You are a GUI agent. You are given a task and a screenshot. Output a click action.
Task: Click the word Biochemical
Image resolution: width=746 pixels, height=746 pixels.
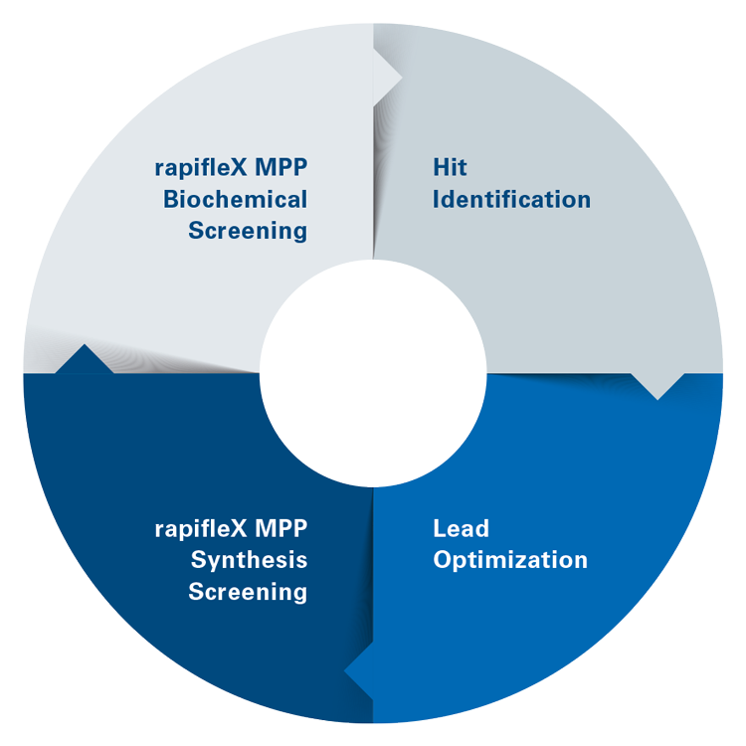tap(235, 199)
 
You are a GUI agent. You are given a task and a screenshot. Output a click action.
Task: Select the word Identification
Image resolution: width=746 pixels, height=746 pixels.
tap(511, 199)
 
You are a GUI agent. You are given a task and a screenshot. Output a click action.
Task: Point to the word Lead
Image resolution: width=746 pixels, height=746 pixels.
tap(461, 527)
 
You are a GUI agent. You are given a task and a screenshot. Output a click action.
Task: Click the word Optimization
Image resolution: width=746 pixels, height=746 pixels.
tap(510, 560)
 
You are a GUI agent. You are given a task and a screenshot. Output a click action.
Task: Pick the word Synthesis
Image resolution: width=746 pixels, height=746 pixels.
tap(249, 560)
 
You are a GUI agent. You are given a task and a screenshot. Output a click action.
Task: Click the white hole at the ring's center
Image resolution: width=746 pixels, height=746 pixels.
tap(373, 373)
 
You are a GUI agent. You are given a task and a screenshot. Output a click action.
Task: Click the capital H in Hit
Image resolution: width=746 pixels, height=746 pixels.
tap(439, 166)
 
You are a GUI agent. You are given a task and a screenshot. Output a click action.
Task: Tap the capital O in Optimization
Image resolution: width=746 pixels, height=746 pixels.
tap(442, 560)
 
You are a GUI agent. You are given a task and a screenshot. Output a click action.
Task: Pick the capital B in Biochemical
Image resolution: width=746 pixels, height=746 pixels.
tap(170, 199)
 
